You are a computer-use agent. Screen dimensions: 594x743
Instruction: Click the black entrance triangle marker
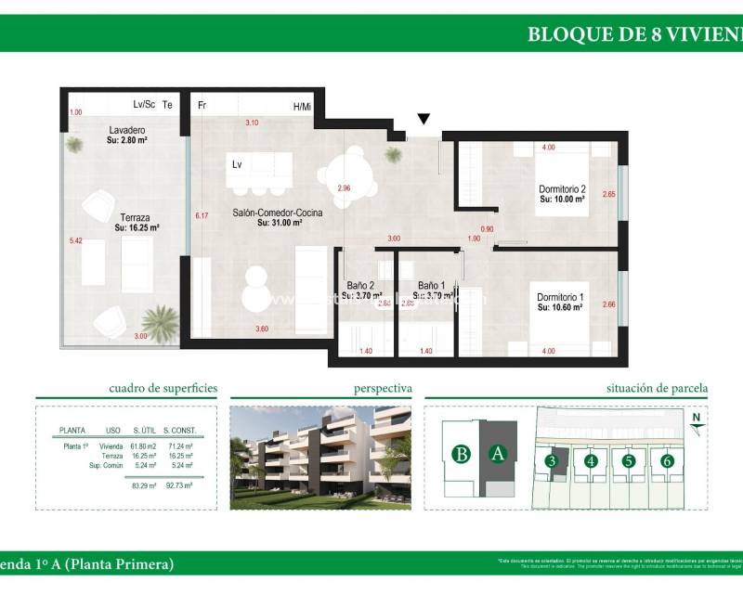(424, 119)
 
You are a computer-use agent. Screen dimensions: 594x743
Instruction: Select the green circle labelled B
(460, 454)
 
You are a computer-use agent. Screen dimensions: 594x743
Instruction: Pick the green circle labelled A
(498, 454)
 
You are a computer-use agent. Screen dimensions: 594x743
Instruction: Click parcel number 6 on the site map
(666, 460)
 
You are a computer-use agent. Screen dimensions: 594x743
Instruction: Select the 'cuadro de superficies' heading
(163, 389)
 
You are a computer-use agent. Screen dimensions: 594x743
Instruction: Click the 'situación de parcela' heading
(657, 389)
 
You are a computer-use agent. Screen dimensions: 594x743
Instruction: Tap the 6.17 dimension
(201, 215)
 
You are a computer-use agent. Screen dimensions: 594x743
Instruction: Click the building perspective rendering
(320, 458)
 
